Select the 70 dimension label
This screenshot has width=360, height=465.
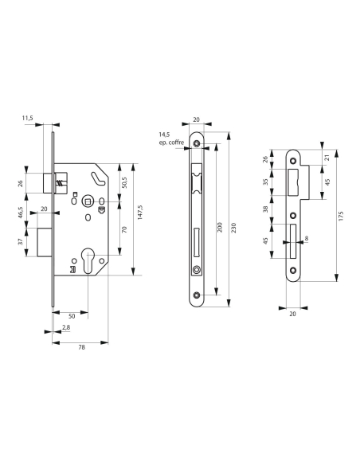coord(126,229)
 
